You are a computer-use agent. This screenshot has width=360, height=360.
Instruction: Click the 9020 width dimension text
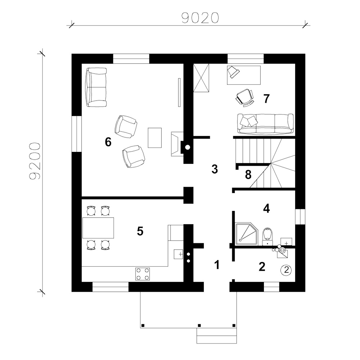[200, 18]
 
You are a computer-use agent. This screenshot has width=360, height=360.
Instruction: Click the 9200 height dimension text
[35, 161]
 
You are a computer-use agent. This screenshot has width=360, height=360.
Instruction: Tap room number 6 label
[108, 142]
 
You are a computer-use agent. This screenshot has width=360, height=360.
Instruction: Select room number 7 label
[266, 99]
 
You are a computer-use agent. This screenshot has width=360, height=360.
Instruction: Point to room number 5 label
[140, 231]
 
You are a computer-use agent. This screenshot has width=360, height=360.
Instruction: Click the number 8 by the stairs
[248, 175]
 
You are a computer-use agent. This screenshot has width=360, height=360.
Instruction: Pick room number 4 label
[266, 208]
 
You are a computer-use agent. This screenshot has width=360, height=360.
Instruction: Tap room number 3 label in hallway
[215, 169]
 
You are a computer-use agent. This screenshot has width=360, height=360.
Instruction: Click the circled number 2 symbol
[286, 270]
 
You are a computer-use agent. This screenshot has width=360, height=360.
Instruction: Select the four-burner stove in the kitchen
[142, 274]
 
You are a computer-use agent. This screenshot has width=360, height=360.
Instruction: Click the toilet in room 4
[267, 237]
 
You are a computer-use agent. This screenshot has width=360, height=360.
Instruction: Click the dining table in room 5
[98, 228]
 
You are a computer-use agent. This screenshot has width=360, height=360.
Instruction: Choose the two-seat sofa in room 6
[96, 87]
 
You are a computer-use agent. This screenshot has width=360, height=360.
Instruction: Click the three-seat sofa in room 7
[265, 124]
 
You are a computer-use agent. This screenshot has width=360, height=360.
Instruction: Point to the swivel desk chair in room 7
[244, 98]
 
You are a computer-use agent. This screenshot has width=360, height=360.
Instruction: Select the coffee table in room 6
[154, 138]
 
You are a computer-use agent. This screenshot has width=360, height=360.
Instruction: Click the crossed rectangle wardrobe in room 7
[201, 78]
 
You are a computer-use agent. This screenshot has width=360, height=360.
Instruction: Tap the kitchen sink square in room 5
[179, 254]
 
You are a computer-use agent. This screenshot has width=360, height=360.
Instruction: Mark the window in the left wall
[77, 134]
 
